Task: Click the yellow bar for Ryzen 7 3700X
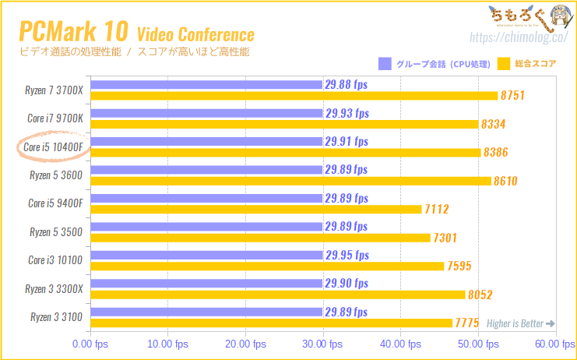pyautogui.click(x=294, y=96)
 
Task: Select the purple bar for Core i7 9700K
pyautogui.click(x=207, y=113)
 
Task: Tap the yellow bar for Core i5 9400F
pyautogui.click(x=255, y=209)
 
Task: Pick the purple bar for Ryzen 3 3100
pyautogui.click(x=207, y=312)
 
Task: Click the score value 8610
pyautogui.click(x=505, y=181)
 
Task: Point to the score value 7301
pyautogui.click(x=445, y=238)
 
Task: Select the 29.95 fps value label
pyautogui.click(x=347, y=255)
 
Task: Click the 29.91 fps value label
pyautogui.click(x=347, y=141)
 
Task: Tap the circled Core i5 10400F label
pyautogui.click(x=54, y=147)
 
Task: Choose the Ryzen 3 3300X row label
pyautogui.click(x=54, y=289)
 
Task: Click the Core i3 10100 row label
pyautogui.click(x=55, y=260)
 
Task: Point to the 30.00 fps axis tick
pyautogui.click(x=322, y=344)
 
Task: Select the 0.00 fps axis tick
pyautogui.click(x=90, y=344)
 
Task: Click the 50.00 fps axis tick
pyautogui.click(x=478, y=344)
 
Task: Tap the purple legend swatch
pyautogui.click(x=385, y=64)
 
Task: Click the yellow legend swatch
pyautogui.click(x=503, y=64)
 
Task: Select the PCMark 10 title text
pyautogui.click(x=74, y=31)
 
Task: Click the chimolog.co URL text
pyautogui.click(x=519, y=37)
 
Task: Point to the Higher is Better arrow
pyautogui.click(x=551, y=323)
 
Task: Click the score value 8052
pyautogui.click(x=480, y=295)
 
